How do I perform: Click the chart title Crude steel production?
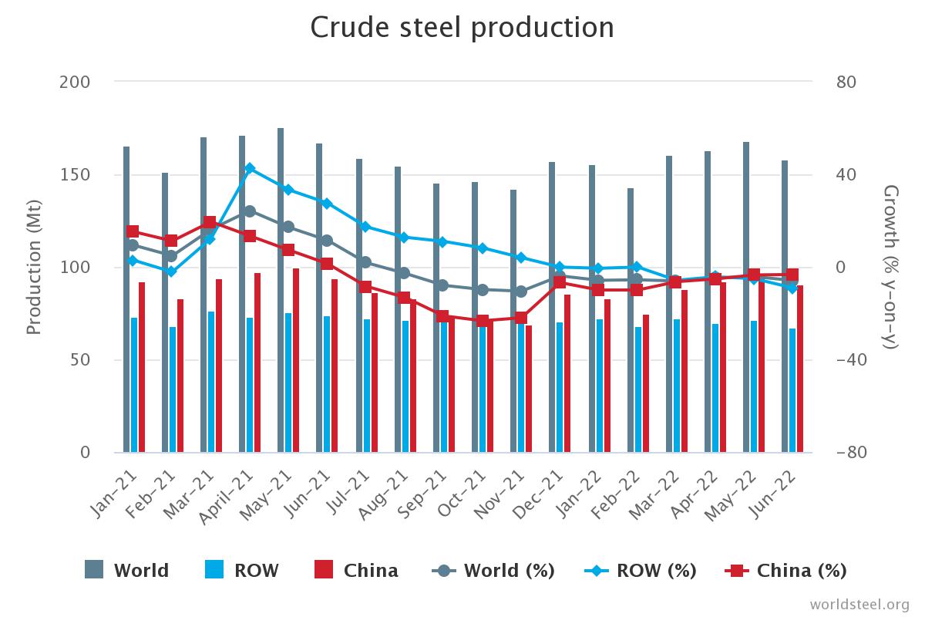(x=462, y=28)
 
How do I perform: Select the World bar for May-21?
(x=281, y=293)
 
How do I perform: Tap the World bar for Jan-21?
(x=126, y=301)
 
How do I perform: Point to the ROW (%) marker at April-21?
(x=250, y=168)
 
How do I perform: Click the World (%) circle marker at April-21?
(x=250, y=211)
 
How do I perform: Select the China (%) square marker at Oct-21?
(x=483, y=321)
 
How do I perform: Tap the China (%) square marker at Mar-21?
(x=210, y=223)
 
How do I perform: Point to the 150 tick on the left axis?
(x=75, y=174)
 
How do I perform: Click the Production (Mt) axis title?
(x=33, y=267)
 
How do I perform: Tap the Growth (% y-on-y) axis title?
(x=890, y=267)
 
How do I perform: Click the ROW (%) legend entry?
(x=641, y=571)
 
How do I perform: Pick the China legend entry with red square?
(x=357, y=571)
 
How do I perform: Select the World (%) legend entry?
(x=494, y=571)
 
